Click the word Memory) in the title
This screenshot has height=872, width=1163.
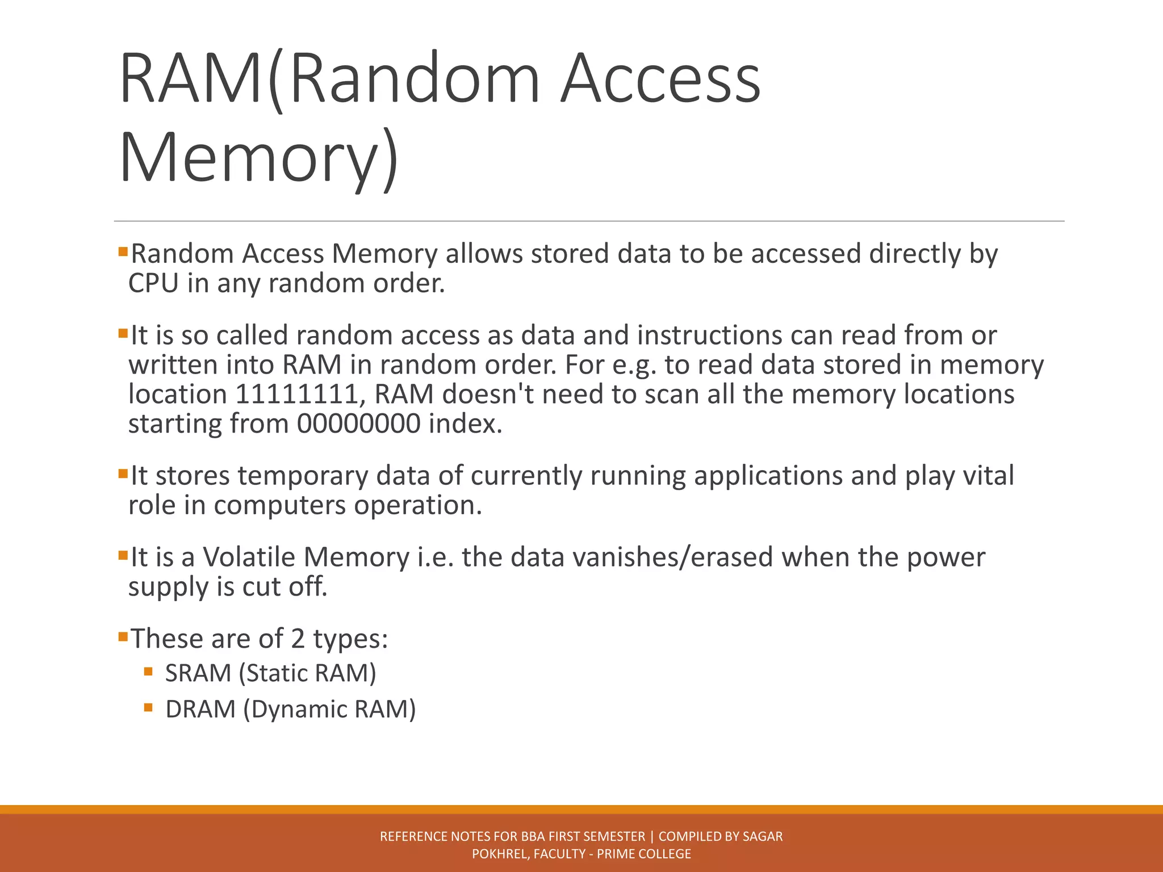[259, 156]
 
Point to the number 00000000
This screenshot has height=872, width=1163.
[358, 424]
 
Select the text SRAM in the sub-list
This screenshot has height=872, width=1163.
[198, 673]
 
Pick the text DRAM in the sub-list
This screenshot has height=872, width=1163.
[200, 709]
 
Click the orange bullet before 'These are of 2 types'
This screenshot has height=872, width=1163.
[123, 636]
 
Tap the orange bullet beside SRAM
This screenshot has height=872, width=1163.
[149, 672]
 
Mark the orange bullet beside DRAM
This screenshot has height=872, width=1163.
[149, 707]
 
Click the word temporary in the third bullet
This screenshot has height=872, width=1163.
[303, 476]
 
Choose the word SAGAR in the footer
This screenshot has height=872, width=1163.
[763, 836]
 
